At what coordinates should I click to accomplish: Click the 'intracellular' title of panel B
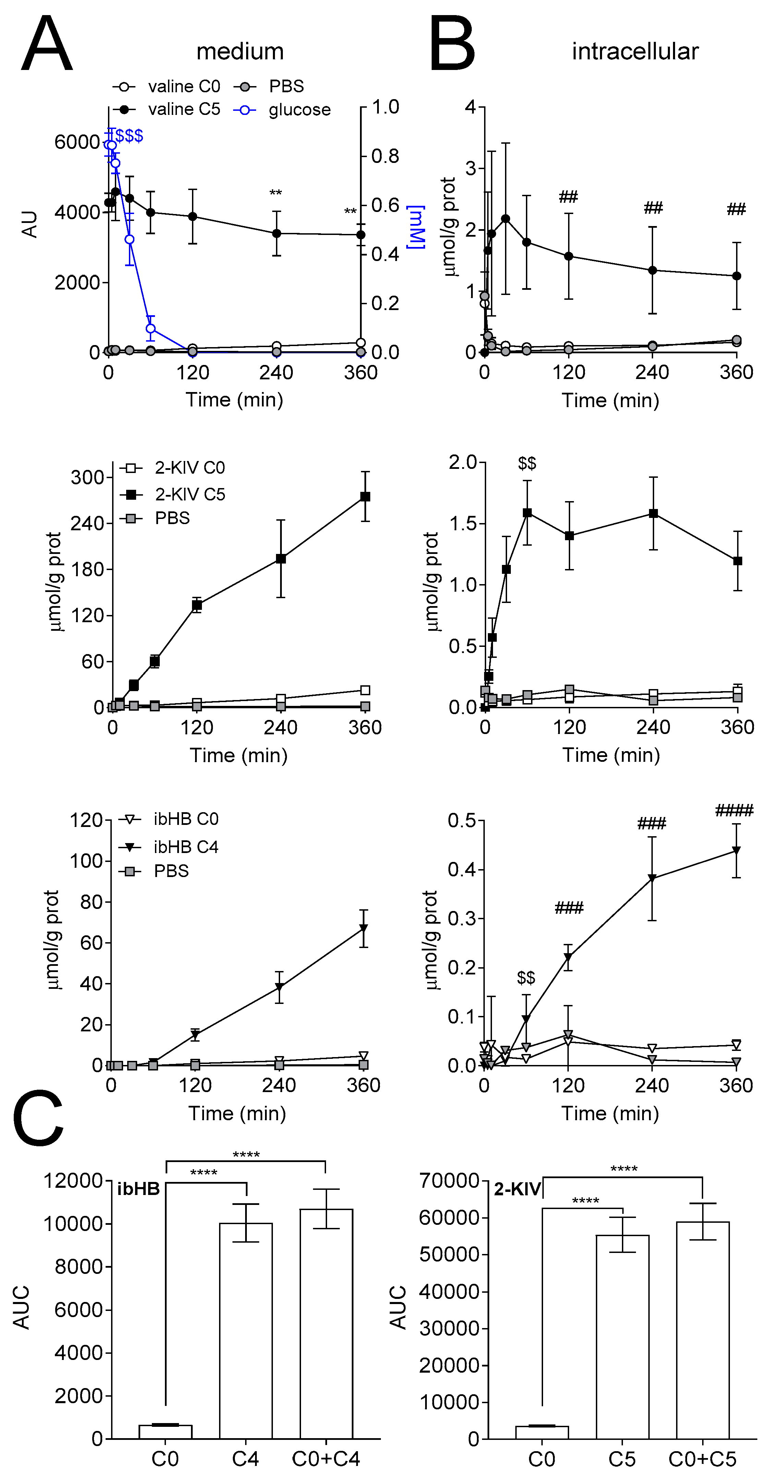(635, 52)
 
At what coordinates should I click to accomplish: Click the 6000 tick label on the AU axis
(76, 142)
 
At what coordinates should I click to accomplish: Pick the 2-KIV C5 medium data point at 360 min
(365, 496)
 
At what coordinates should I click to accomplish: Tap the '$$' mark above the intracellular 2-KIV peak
(527, 463)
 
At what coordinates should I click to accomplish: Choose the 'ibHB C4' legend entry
(185, 847)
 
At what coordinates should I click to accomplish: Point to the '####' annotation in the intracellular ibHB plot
(734, 811)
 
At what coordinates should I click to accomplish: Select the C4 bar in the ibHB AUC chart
(246, 1330)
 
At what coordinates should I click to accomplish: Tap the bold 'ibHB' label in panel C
(139, 1189)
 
